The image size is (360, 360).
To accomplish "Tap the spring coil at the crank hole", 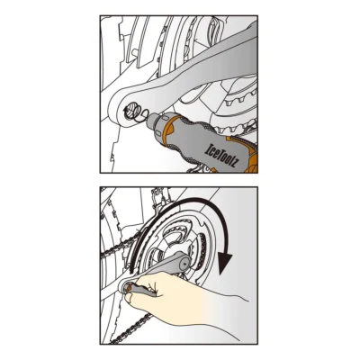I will [138, 112].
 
